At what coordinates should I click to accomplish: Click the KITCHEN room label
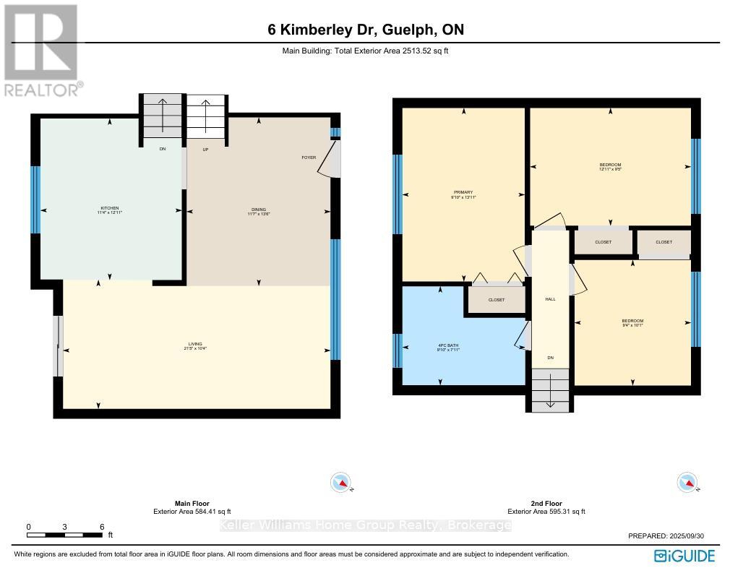(x=110, y=208)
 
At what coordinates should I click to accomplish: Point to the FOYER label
(x=309, y=158)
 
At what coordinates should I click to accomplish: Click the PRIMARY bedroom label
(x=463, y=193)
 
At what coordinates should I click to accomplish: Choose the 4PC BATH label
(x=448, y=346)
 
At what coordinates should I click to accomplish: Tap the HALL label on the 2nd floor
(x=551, y=299)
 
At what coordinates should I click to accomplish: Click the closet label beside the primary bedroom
(x=497, y=300)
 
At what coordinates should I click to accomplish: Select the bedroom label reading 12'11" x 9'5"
(x=610, y=165)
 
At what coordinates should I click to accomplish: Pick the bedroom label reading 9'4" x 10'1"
(x=632, y=322)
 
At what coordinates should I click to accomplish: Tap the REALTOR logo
(x=42, y=51)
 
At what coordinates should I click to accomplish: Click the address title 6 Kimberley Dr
(x=364, y=30)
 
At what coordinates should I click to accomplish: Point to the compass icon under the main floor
(x=340, y=482)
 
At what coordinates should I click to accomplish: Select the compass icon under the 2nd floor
(x=687, y=482)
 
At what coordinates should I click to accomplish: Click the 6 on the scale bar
(x=102, y=527)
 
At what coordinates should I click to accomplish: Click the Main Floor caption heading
(x=192, y=504)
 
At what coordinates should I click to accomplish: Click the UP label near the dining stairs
(x=206, y=150)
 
